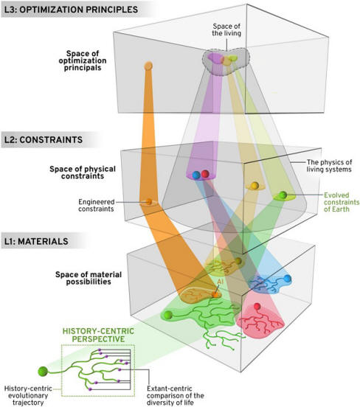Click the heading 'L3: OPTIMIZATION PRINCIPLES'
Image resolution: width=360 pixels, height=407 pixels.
coord(71,10)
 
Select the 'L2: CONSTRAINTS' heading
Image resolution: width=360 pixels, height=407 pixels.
coord(44,139)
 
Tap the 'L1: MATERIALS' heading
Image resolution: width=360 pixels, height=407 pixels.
coord(36,241)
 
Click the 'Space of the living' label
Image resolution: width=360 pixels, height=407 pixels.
coord(226,29)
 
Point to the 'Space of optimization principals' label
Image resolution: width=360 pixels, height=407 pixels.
coord(83,60)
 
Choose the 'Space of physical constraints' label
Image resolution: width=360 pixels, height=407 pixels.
coord(83,173)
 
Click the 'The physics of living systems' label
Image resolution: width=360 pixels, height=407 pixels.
coord(329,166)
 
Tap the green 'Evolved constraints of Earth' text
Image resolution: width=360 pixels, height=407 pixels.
coord(342,202)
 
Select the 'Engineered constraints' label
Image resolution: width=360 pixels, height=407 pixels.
coord(97,205)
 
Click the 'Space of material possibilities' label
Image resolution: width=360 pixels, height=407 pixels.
coord(89,278)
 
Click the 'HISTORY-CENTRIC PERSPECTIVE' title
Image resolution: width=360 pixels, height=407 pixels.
coord(98,335)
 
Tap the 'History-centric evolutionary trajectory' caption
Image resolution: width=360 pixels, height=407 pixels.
coord(28,396)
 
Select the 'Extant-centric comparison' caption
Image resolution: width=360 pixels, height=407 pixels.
coord(176,396)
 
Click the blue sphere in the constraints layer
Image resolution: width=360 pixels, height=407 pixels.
coord(196,175)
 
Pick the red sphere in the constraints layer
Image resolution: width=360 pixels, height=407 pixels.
coord(205,174)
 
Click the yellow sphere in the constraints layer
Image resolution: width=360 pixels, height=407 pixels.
coord(255,185)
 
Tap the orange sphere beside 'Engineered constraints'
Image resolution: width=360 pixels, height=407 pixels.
coord(149,201)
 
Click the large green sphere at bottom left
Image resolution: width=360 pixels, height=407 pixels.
coord(43,372)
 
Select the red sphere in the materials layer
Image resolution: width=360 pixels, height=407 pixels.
coord(257,306)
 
